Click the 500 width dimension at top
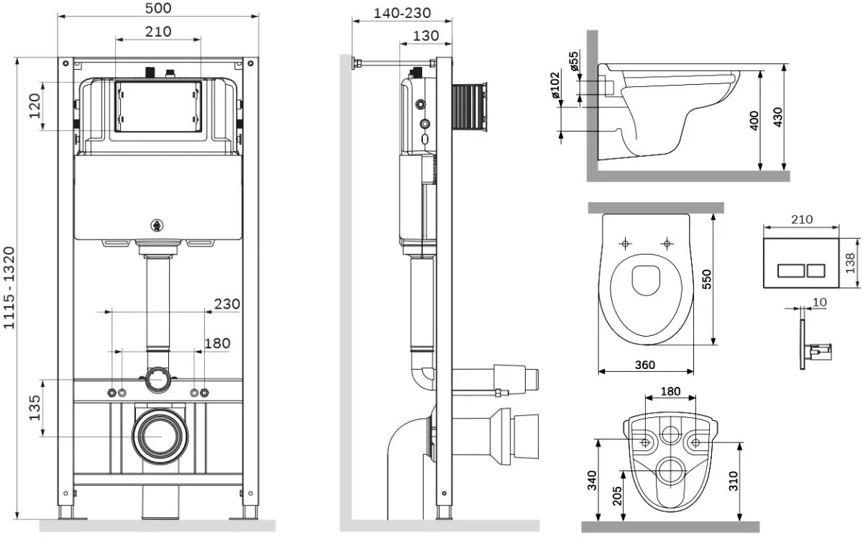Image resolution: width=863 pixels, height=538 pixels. (157, 8)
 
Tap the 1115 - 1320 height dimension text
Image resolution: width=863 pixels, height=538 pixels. (9, 288)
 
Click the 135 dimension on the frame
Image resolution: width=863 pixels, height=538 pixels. (32, 409)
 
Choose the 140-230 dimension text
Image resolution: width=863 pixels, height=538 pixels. (403, 13)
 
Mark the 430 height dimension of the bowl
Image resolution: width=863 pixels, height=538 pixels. (777, 117)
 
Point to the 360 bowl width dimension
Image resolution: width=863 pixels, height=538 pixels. (645, 365)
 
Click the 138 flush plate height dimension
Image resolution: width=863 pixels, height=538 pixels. (850, 262)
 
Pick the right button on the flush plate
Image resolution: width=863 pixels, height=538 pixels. (817, 272)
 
